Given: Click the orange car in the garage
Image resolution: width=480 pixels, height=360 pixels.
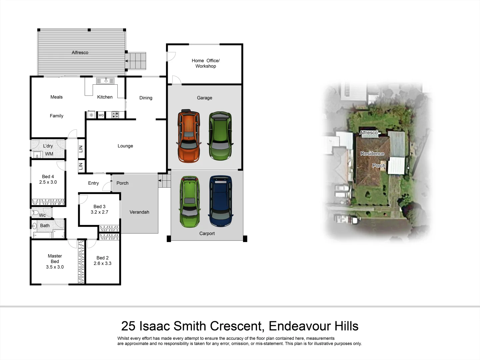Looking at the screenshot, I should [x=189, y=136].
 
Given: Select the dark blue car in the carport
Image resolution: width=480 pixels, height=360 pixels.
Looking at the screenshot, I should [x=220, y=201].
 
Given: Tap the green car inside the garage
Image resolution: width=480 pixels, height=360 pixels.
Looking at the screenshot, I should [x=220, y=136].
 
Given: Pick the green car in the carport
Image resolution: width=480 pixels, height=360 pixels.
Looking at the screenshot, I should [x=190, y=202].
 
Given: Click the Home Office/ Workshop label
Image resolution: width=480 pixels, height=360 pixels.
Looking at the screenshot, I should [x=206, y=63].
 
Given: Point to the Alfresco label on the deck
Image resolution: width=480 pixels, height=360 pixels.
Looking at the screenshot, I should [x=80, y=53].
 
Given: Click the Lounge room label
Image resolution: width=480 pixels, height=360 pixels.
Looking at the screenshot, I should [x=125, y=146].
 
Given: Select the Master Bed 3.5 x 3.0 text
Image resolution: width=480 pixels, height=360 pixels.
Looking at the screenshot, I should [x=55, y=262].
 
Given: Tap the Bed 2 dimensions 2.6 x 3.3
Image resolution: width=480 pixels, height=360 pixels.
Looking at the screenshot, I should [x=103, y=263].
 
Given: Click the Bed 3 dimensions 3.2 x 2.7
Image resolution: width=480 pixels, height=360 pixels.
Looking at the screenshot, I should [x=99, y=212].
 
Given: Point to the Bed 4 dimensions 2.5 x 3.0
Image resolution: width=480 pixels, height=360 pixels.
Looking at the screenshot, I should [x=48, y=182].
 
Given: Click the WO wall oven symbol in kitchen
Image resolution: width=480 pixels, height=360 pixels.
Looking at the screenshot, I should [x=101, y=115].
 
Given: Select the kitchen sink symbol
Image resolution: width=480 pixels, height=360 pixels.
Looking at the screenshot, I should [x=105, y=81].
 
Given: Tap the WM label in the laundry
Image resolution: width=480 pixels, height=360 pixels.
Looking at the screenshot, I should [x=49, y=154].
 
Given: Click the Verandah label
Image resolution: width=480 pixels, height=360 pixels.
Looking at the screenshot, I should [x=139, y=212].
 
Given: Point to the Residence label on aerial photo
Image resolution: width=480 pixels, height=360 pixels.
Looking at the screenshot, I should [x=372, y=154].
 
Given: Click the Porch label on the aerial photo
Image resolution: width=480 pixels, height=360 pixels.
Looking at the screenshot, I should [x=379, y=166].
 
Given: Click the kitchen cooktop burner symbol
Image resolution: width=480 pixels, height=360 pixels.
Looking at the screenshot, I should [x=115, y=115].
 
